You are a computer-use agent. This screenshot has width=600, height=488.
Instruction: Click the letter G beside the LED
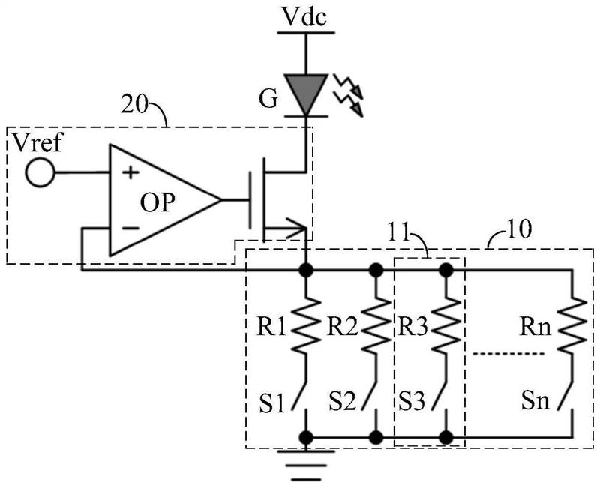[268, 100]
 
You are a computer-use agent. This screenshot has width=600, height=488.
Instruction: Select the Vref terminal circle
[40, 173]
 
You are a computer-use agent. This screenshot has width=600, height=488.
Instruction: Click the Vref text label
[37, 142]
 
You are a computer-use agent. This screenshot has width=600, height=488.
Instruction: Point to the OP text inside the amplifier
[157, 202]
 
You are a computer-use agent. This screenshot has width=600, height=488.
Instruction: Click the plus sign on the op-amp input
[130, 172]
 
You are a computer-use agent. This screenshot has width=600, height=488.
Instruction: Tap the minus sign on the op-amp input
[130, 229]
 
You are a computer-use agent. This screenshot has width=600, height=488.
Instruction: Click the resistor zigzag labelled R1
[306, 325]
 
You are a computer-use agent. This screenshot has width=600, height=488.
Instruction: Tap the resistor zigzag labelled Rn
[572, 325]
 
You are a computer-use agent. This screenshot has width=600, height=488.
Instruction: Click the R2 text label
[342, 328]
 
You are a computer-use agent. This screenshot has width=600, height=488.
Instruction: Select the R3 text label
[412, 328]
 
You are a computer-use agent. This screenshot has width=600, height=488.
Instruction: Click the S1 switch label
[271, 403]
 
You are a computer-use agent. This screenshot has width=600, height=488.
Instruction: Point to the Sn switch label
[535, 401]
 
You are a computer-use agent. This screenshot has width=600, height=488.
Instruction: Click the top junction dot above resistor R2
[376, 271]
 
